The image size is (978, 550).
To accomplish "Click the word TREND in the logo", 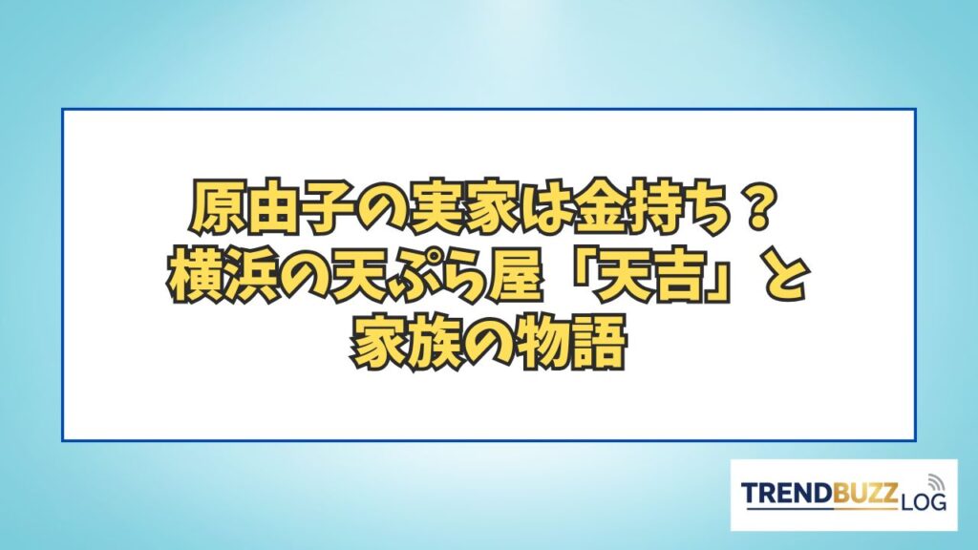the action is click(787, 494).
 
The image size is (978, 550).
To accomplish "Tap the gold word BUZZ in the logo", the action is click(865, 494).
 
